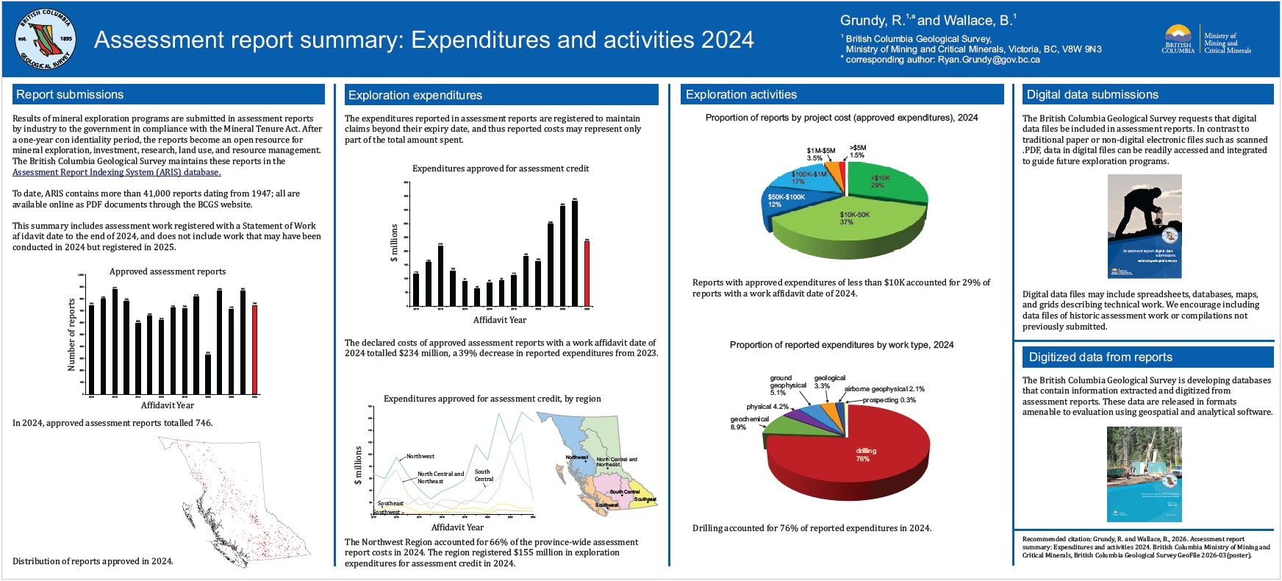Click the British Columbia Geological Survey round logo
(x=45, y=39)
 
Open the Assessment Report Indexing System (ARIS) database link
(x=116, y=172)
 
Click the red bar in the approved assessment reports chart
(x=255, y=349)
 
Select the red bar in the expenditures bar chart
(x=587, y=273)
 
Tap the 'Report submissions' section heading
(x=70, y=95)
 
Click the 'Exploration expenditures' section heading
(x=415, y=95)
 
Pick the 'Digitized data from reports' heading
(x=1100, y=357)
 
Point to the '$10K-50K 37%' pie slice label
(x=854, y=218)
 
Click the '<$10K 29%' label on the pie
(x=880, y=182)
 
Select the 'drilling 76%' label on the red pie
(x=865, y=455)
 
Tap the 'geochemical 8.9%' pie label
(x=748, y=423)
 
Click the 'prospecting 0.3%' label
(x=889, y=400)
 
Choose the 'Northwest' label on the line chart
(x=420, y=457)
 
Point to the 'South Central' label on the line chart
(x=483, y=476)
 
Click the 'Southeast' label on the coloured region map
(x=645, y=499)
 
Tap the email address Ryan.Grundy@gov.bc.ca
(x=988, y=60)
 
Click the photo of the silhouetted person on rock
(x=1144, y=227)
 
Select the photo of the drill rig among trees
(x=1144, y=474)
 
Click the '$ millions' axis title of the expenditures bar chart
(x=395, y=243)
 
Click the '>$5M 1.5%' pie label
(x=858, y=152)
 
